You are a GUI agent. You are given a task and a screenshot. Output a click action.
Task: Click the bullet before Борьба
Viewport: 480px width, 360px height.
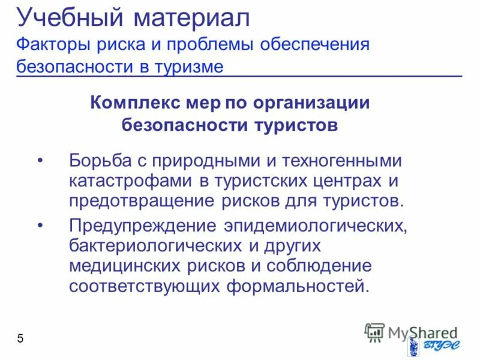point(40,161)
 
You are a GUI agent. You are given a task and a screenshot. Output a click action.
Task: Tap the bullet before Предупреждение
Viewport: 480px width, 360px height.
point(40,227)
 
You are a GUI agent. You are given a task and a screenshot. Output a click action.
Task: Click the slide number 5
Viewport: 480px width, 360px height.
point(20,339)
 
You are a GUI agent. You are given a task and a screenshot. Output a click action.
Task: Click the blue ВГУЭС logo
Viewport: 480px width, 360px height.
point(429,347)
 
